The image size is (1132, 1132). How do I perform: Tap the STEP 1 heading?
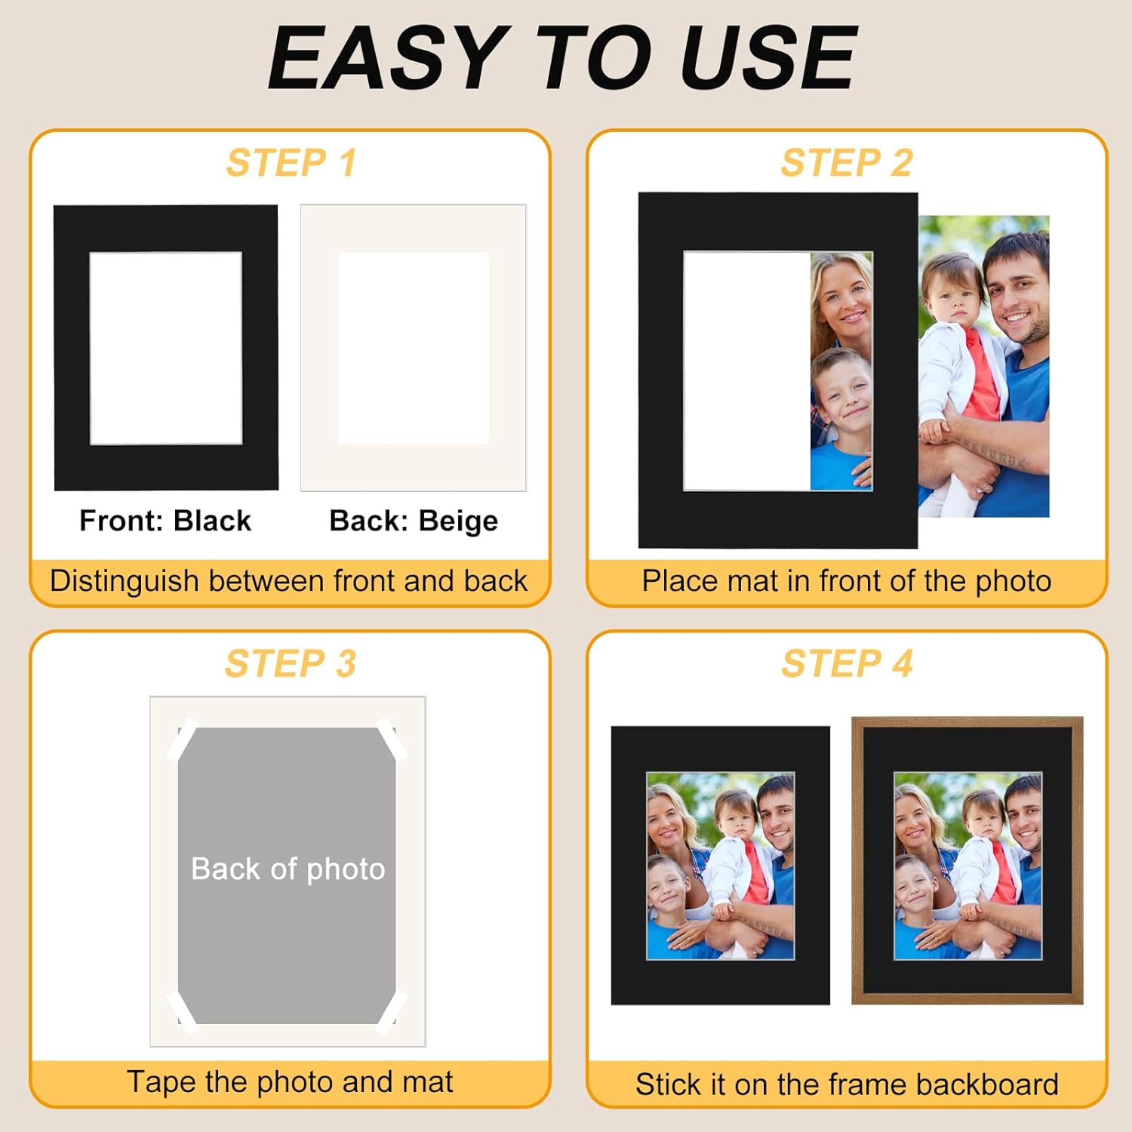pyautogui.click(x=291, y=163)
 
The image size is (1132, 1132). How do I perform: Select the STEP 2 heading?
pyautogui.click(x=847, y=163)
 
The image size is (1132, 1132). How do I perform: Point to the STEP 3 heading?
pyautogui.click(x=291, y=664)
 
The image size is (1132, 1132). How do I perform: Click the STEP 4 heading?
pyautogui.click(x=847, y=664)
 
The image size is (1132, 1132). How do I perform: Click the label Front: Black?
pyautogui.click(x=165, y=521)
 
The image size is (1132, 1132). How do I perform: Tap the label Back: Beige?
pyautogui.click(x=414, y=521)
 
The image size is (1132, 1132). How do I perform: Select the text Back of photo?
pyautogui.click(x=288, y=869)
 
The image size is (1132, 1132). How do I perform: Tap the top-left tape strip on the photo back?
pyautogui.click(x=182, y=739)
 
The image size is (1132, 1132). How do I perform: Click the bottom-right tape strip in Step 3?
pyautogui.click(x=392, y=1012)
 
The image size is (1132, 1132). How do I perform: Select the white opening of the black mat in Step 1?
pyautogui.click(x=166, y=348)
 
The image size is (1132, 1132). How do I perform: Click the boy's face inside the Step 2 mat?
pyautogui.click(x=844, y=394)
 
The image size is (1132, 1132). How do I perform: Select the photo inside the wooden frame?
pyautogui.click(x=968, y=866)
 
